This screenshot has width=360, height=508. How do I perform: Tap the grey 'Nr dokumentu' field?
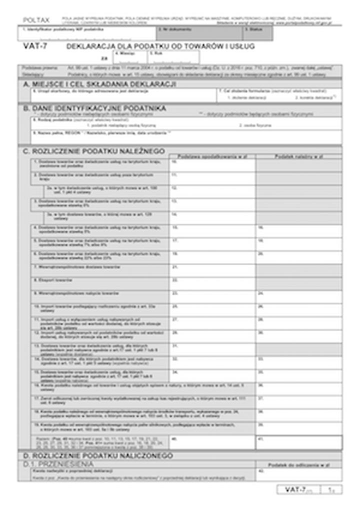click(x=199, y=33)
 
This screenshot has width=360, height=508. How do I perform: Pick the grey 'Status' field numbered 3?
click(x=257, y=33)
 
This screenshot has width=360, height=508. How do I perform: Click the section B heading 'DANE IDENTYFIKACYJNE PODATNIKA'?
click(x=98, y=107)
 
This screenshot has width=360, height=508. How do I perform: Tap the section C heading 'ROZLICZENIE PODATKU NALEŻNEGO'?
click(x=97, y=150)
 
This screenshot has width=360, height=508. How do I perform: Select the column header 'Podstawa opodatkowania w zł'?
click(x=212, y=156)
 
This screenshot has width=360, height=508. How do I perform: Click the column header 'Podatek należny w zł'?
click(x=298, y=156)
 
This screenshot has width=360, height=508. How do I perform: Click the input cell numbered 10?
click(x=212, y=165)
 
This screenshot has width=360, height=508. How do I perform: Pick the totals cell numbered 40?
click(x=212, y=442)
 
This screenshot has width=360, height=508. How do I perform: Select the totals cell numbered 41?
click(x=298, y=442)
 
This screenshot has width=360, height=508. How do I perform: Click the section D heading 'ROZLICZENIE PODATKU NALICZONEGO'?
click(x=97, y=456)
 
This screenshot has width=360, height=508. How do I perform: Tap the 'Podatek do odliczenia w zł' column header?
click(x=298, y=465)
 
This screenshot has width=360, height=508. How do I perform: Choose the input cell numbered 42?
click(x=298, y=474)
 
